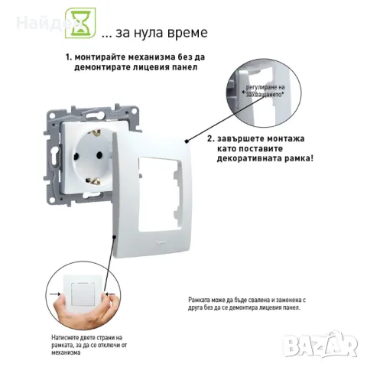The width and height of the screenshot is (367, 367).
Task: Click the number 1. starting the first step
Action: [69, 57]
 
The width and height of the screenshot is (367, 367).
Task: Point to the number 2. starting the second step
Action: [210, 139]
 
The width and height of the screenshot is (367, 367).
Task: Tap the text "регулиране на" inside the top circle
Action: [264, 89]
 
